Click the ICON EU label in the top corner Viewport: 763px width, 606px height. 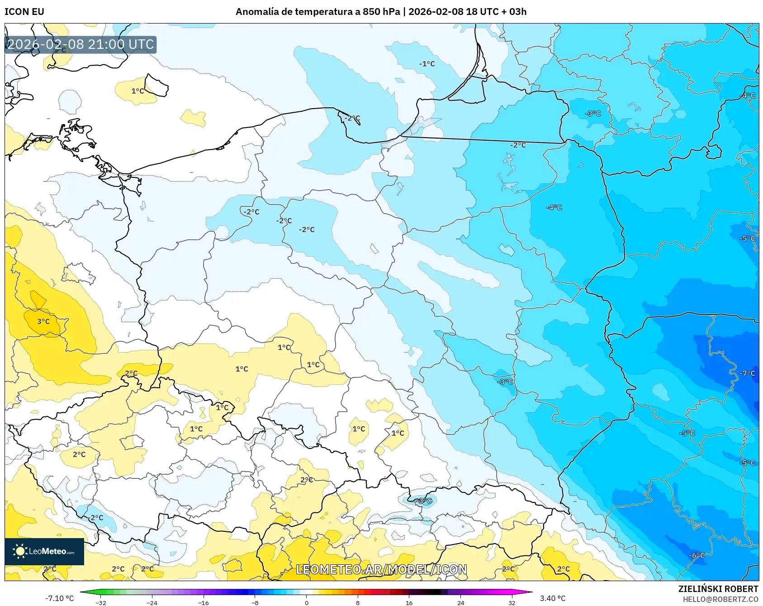(x=24, y=12)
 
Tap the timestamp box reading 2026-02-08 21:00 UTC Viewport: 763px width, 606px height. (x=81, y=44)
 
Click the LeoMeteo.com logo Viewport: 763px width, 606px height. (x=44, y=551)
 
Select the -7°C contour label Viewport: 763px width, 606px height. (x=747, y=373)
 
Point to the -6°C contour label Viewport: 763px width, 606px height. (x=697, y=555)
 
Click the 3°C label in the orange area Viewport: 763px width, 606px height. (x=43, y=321)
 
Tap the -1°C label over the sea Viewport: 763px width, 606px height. (x=427, y=64)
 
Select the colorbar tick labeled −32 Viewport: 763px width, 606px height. (x=101, y=602)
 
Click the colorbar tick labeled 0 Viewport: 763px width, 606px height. (x=307, y=602)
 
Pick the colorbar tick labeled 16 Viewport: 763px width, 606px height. (x=409, y=602)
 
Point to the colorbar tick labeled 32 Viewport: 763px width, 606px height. (x=512, y=602)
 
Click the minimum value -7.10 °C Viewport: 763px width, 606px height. (x=59, y=598)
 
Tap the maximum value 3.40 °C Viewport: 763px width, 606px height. (x=553, y=598)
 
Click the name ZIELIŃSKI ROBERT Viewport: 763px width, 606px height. (x=718, y=589)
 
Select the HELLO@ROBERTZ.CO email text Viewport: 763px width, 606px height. (x=720, y=599)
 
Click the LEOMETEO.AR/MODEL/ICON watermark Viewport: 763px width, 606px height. (x=381, y=569)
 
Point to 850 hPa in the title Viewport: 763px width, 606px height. (x=381, y=12)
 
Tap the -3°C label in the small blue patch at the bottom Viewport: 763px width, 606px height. (x=425, y=501)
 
